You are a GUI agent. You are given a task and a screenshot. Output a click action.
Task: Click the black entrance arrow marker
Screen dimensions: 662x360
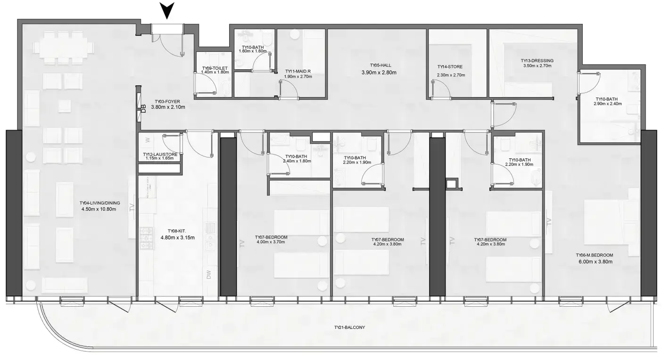(167, 10)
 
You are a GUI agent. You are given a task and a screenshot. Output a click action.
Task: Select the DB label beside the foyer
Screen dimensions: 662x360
(144, 109)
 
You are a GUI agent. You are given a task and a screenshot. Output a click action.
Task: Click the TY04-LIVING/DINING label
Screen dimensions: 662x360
(100, 203)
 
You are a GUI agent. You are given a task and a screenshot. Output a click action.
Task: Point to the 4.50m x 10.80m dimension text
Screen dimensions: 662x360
(99, 209)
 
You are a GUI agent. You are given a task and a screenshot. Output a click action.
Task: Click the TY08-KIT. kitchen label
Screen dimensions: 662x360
(177, 231)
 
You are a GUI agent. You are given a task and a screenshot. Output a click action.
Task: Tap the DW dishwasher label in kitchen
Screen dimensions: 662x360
(209, 275)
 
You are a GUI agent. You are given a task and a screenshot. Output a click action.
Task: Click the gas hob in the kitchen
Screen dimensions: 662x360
(147, 238)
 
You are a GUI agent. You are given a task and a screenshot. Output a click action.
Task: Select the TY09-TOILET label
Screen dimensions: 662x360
(215, 68)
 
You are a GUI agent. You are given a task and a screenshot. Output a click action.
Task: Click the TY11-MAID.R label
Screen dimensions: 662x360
(298, 72)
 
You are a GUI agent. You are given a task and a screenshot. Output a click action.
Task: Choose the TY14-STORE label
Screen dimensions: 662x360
(450, 67)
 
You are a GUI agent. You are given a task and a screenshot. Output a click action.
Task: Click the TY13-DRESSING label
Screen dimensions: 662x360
(537, 60)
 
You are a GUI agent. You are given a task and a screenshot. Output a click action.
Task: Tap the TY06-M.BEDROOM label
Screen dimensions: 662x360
(594, 255)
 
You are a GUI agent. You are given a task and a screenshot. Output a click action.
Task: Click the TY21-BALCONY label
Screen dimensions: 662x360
(349, 327)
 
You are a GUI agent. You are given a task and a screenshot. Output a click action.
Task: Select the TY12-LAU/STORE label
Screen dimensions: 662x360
(160, 155)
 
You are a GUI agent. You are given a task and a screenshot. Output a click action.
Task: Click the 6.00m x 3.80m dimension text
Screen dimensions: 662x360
(596, 262)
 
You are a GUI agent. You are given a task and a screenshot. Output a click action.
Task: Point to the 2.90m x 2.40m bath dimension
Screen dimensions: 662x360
(608, 104)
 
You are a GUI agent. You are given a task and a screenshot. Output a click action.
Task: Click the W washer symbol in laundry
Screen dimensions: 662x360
(148, 139)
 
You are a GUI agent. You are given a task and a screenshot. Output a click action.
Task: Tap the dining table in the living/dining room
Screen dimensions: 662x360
(64, 48)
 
